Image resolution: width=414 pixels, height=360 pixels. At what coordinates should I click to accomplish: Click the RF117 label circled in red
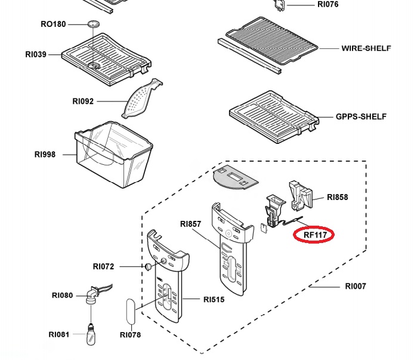(315, 235)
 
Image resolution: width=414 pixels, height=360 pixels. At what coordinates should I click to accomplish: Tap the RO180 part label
(53, 24)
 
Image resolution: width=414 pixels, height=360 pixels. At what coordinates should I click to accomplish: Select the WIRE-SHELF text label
(366, 48)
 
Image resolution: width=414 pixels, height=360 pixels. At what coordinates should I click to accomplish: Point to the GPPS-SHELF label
(361, 116)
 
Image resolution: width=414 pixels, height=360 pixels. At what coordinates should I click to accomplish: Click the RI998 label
(45, 155)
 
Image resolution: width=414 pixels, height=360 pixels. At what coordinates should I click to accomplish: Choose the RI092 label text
(83, 101)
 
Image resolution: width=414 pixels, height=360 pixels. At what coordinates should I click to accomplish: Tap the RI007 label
(356, 286)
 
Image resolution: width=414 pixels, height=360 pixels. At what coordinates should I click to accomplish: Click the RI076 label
(328, 4)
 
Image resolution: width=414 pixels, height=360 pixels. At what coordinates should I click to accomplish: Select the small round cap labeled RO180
(94, 24)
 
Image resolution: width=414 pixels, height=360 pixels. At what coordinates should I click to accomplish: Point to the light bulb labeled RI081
(91, 334)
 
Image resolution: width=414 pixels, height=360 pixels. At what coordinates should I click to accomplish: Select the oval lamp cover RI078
(131, 312)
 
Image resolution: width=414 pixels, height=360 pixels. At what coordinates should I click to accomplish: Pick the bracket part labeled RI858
(301, 196)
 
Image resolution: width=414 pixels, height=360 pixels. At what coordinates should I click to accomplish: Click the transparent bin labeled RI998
(114, 155)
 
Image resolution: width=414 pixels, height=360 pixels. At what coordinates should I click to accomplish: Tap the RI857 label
(191, 224)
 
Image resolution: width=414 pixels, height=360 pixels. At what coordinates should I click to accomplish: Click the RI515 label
(214, 300)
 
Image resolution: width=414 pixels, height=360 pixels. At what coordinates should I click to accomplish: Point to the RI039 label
(36, 54)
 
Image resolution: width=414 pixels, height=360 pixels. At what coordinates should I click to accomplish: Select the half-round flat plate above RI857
(234, 178)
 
